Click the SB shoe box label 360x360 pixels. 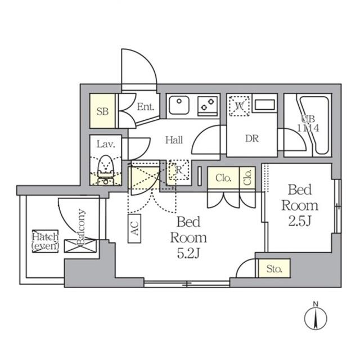click(x=102, y=111)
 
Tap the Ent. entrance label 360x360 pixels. click(x=146, y=107)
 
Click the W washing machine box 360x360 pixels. click(x=240, y=105)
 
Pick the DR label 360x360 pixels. click(x=251, y=138)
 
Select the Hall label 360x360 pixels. click(x=173, y=140)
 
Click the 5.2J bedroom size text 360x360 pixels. click(x=188, y=254)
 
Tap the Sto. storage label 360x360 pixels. click(x=274, y=269)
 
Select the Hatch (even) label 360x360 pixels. click(x=44, y=241)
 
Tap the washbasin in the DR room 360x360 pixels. click(x=263, y=104)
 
